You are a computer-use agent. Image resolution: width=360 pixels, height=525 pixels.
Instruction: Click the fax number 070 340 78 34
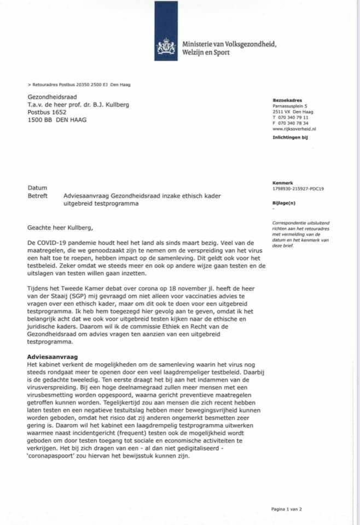[x=295, y=122]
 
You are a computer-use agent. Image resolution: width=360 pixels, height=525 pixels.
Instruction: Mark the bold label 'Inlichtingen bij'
[x=290, y=137]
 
